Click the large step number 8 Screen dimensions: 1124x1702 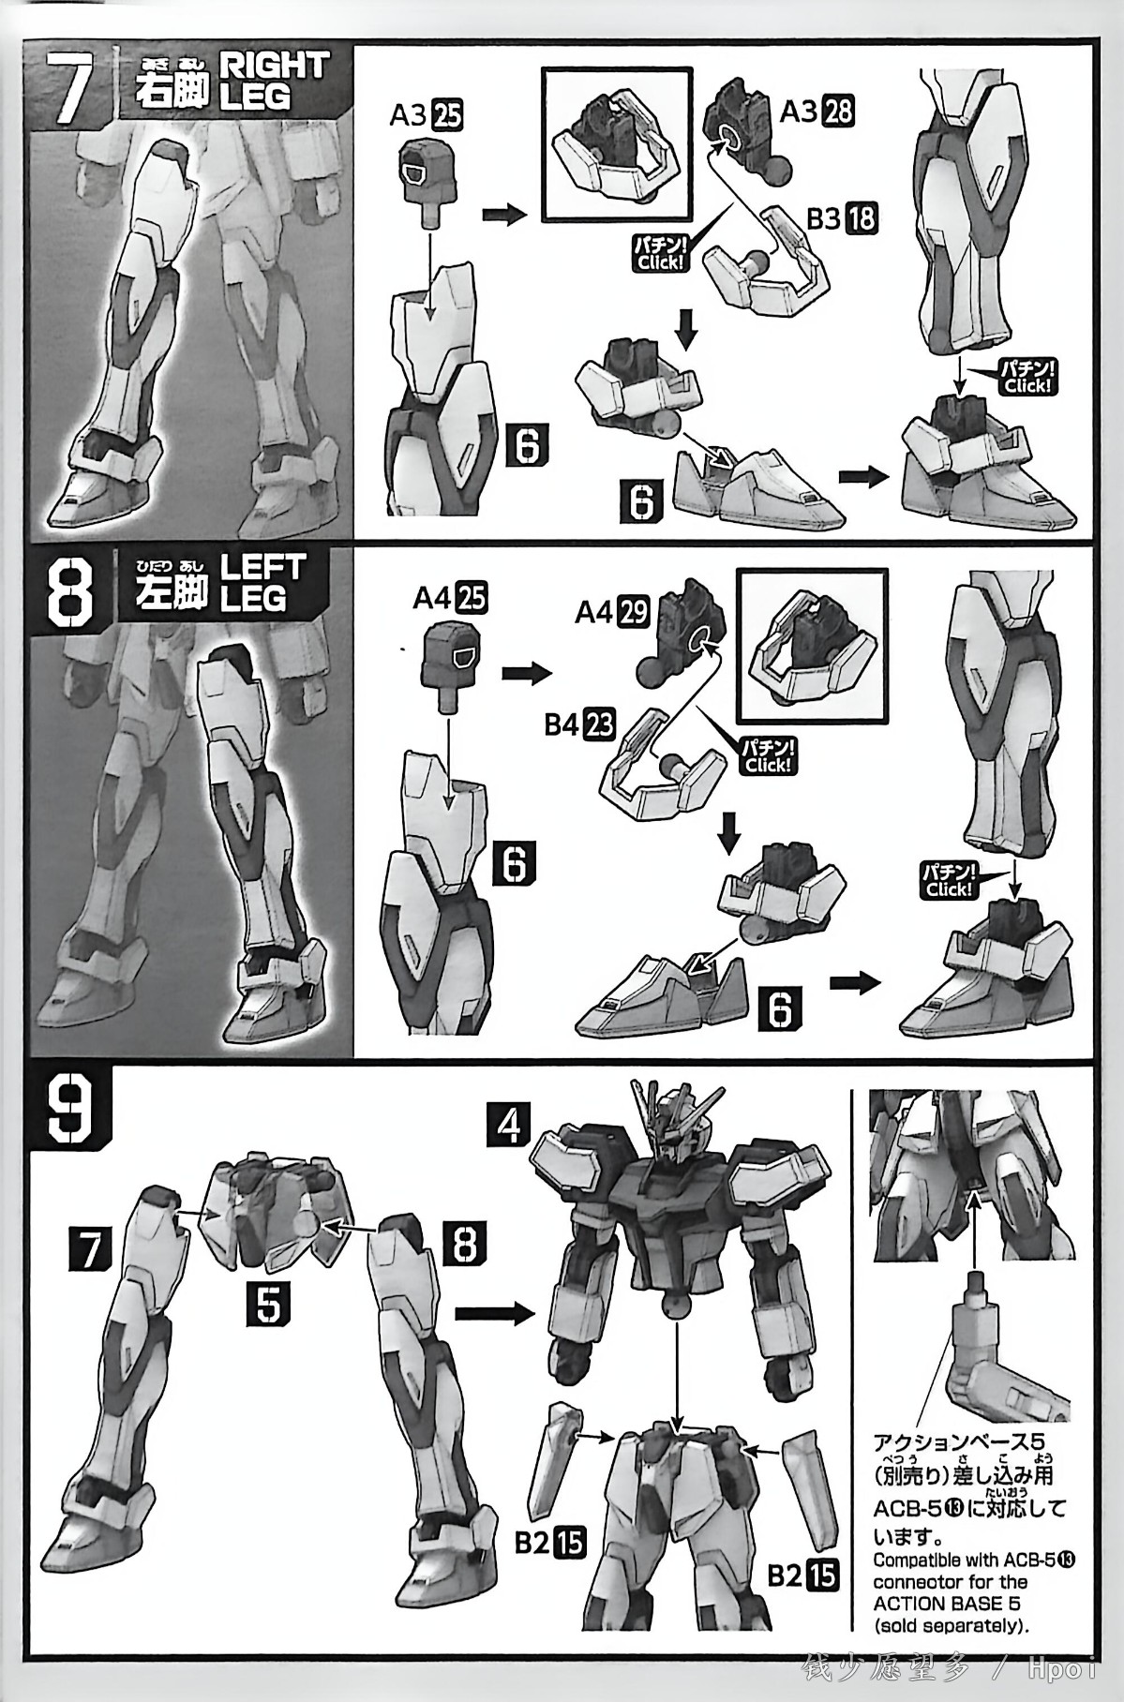(x=73, y=593)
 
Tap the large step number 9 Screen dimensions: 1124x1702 (x=72, y=1111)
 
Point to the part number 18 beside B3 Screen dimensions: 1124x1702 (x=862, y=218)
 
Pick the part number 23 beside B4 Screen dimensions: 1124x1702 (x=601, y=725)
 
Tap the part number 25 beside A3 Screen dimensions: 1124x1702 (x=448, y=116)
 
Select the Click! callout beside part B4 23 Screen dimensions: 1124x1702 (x=768, y=756)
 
